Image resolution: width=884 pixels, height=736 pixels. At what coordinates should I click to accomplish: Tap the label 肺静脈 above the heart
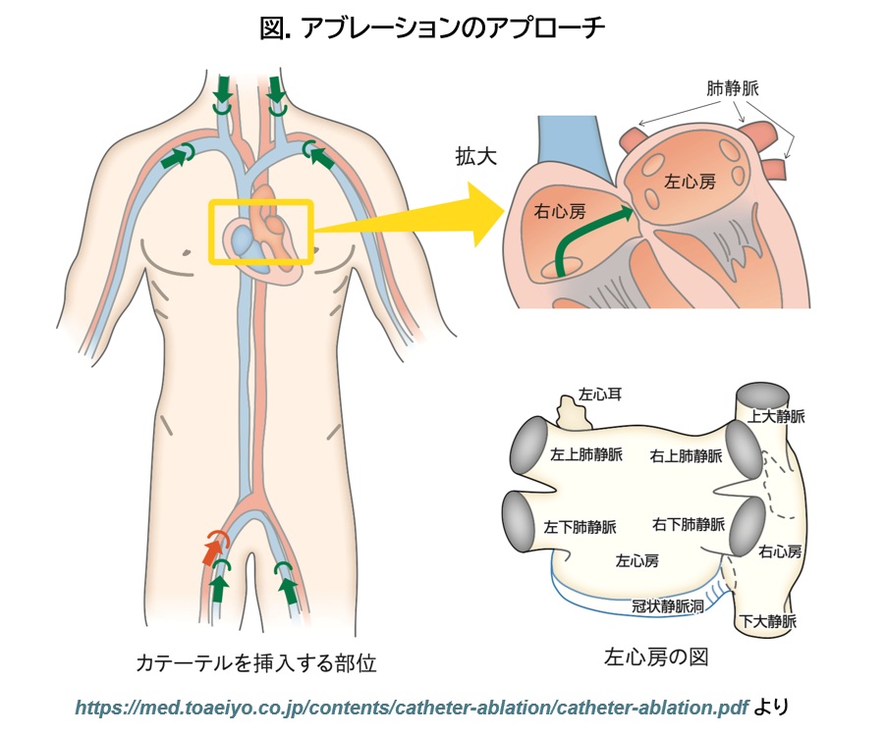coord(732,88)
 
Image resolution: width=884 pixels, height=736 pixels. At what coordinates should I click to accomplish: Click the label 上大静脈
coord(776,417)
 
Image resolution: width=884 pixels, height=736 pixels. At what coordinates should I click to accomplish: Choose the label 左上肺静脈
coord(585,454)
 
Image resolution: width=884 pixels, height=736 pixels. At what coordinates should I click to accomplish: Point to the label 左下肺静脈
coord(580,527)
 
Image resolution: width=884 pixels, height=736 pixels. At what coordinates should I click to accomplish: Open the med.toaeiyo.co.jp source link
coord(412,707)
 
